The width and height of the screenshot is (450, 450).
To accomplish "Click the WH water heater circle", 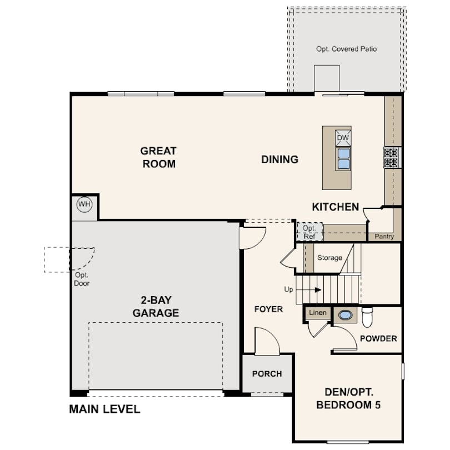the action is tap(84, 205).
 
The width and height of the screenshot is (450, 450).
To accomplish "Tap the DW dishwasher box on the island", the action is tap(343, 138).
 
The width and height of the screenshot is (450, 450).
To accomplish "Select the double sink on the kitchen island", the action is tap(343, 159).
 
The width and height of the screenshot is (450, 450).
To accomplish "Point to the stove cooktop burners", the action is tap(391, 158).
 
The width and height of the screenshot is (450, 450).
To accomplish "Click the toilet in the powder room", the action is tap(367, 317).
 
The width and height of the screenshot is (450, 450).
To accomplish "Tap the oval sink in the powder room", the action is tap(344, 315).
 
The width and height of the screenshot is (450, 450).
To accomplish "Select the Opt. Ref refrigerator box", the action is tap(309, 232).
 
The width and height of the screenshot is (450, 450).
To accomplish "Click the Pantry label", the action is tap(384, 237).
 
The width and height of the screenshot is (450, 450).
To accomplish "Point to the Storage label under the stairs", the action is tap(329, 258).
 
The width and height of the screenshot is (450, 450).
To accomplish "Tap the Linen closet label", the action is tap(318, 313).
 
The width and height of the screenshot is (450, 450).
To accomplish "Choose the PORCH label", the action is tap(267, 374).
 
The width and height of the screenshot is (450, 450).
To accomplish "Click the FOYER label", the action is tap(268, 309).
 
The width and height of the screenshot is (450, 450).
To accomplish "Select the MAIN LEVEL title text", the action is tap(105, 409).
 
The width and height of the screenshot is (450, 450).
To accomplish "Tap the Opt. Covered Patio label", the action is tap(347, 49).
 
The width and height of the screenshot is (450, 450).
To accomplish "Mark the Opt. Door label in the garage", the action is tap(82, 279).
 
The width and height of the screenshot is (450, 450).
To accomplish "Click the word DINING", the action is tap(280, 159).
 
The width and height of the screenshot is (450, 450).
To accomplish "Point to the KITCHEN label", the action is tap(336, 207).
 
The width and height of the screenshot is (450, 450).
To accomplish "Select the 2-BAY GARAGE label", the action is tap(156, 307).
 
